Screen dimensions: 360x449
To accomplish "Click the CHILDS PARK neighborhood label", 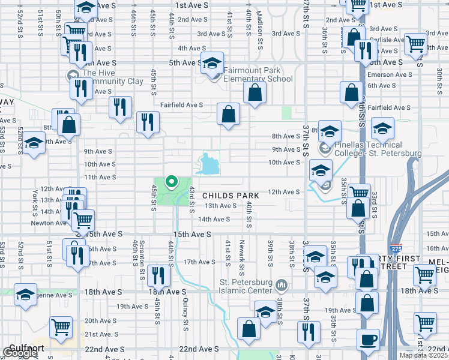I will point(231,196).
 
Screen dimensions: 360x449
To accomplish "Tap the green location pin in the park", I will point(171,181).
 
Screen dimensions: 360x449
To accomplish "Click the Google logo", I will point(20,353).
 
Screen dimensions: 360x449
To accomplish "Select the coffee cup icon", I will point(367,340).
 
